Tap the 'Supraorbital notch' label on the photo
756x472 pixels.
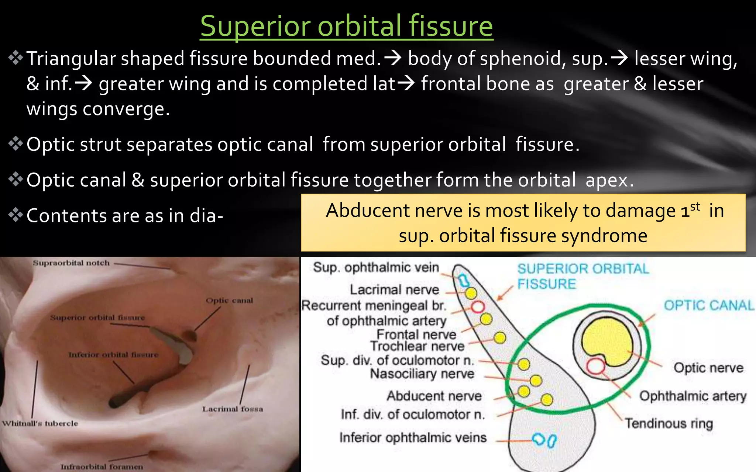pos(71,263)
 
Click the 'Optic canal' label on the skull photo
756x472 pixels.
pos(229,301)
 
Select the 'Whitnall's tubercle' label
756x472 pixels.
pos(40,423)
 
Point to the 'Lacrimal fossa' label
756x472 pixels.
pos(233,409)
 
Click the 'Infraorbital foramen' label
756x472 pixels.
pos(102,467)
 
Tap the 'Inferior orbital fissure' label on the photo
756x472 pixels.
pos(113,355)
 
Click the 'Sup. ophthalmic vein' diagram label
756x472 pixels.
pos(376,267)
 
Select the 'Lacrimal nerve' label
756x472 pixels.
pos(394,290)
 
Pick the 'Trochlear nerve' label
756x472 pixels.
pos(417,346)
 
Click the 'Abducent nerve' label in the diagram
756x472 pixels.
pos(434,396)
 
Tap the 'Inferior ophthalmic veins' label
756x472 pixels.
pos(413,438)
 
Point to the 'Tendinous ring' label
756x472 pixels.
pos(669,423)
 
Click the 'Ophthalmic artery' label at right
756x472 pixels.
pos(693,396)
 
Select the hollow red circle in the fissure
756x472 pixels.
pos(478,307)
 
